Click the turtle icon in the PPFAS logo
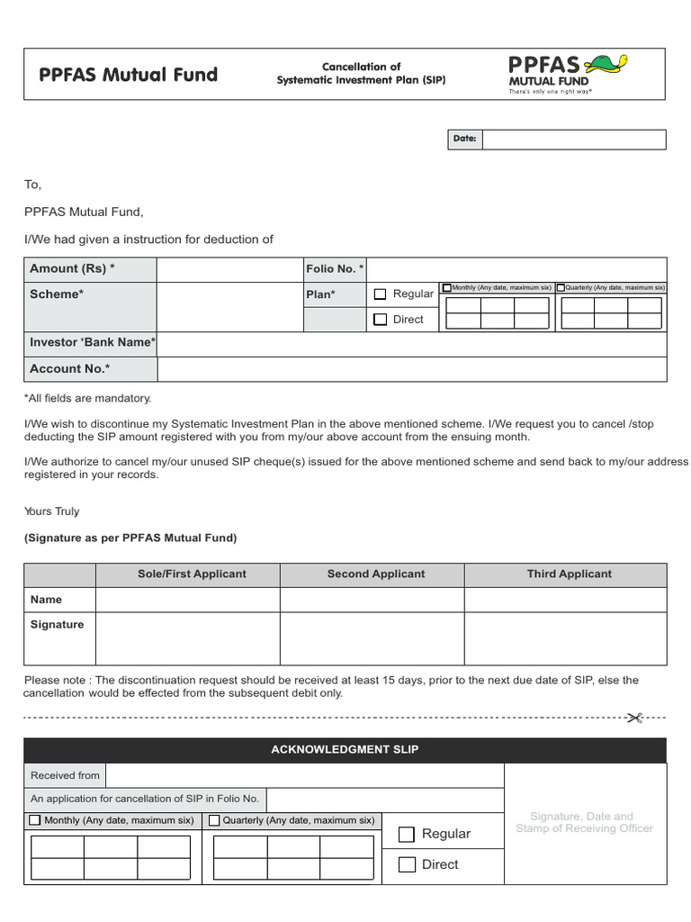606,65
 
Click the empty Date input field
574,140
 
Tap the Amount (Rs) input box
229,269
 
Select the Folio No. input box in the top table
517,269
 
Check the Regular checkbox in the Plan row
380,294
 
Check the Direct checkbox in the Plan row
380,320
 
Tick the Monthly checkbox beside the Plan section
447,288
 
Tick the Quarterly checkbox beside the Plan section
561,288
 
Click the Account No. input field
411,369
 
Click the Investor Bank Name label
92,343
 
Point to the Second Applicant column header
376,574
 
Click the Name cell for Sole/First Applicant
187,600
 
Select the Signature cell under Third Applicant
565,638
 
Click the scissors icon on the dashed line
634,718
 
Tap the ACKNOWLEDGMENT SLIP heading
345,750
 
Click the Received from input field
304,776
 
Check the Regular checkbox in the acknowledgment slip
407,835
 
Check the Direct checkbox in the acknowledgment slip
407,865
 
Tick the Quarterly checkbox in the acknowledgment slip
214,821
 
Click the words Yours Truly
51,511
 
